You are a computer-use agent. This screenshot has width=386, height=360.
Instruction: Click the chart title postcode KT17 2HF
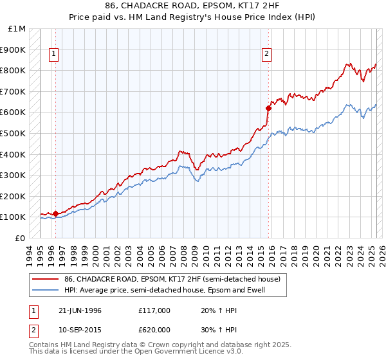tap(264, 6)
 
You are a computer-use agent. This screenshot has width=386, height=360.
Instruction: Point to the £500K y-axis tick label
tap(13, 134)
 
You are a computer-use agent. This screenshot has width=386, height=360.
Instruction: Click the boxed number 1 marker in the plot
tap(55, 55)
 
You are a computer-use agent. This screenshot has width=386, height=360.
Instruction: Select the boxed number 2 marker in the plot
tap(266, 55)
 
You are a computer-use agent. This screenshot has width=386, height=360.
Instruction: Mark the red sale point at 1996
tap(55, 213)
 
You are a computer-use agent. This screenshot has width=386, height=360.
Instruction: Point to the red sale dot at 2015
tap(268, 108)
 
